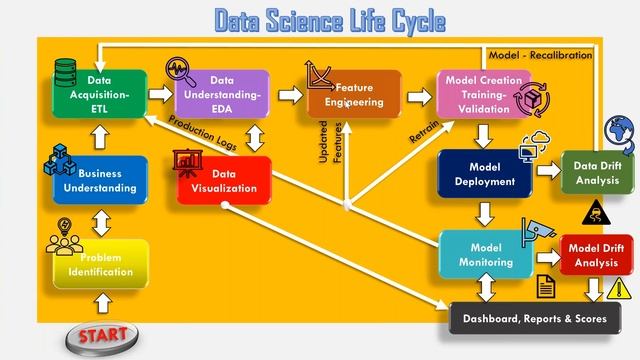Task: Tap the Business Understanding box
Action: point(100,180)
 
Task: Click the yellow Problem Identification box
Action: point(100,264)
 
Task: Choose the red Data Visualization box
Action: point(223,179)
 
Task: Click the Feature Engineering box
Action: point(354,94)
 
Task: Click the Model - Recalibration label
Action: point(539,55)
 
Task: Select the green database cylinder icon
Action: point(66,72)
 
